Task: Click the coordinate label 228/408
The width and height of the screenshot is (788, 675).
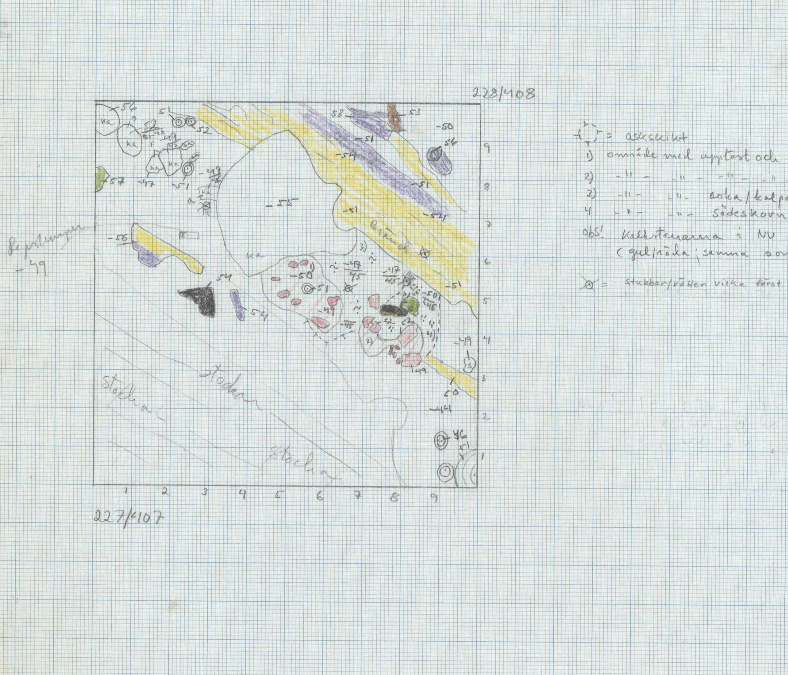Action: tap(504, 94)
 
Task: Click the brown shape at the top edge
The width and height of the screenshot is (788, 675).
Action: tap(395, 116)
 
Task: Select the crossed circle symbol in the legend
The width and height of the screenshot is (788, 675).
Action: tap(590, 284)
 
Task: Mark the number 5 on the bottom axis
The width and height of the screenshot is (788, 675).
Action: tap(279, 495)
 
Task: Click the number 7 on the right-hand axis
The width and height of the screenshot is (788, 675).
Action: tap(488, 224)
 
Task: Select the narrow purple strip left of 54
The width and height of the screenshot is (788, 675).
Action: tap(237, 305)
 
